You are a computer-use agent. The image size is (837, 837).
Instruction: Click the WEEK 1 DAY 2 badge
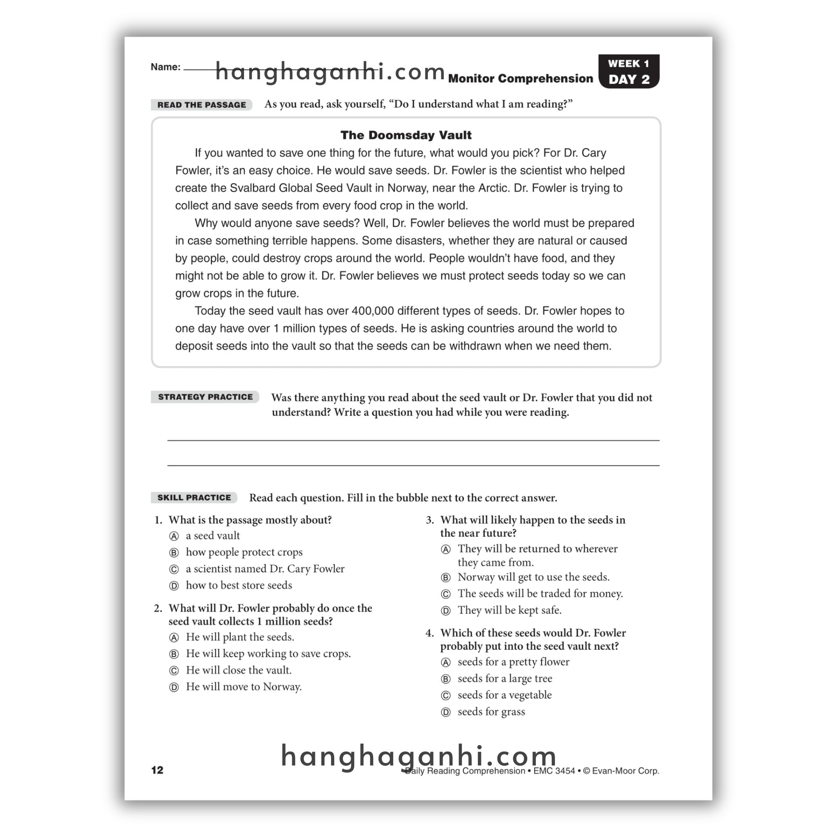[629, 72]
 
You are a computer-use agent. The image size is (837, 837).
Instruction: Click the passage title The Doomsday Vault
[405, 135]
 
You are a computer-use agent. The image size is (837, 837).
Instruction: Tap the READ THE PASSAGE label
[201, 105]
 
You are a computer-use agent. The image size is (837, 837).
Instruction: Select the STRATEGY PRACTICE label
[205, 397]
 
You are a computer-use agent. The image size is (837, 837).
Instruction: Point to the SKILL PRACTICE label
[194, 497]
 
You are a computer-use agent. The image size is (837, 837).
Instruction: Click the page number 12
[157, 770]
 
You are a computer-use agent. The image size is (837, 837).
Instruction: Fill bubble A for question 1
[174, 536]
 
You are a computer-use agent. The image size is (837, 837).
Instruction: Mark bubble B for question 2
[174, 654]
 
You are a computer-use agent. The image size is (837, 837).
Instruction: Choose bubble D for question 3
[445, 611]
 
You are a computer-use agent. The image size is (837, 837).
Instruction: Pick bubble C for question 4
[445, 696]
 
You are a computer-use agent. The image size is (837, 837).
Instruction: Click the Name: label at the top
[166, 67]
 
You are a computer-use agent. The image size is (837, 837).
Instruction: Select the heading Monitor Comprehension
[520, 78]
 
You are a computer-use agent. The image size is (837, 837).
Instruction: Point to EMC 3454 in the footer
[554, 771]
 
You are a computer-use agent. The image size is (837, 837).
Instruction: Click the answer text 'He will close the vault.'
[239, 670]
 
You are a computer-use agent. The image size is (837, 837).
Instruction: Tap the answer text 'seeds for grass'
[491, 712]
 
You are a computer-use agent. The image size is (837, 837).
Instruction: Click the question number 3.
[430, 520]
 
